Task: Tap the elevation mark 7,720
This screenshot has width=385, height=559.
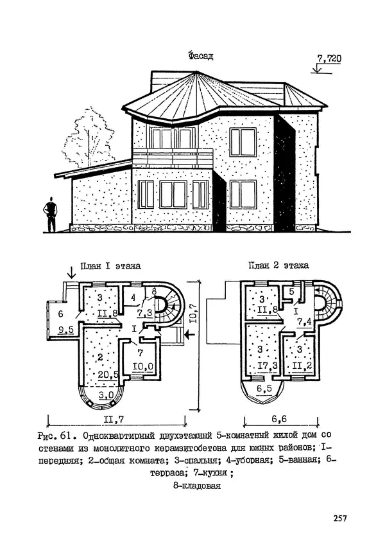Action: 329,60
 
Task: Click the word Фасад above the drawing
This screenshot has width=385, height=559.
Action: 200,57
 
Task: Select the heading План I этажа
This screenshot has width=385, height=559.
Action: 110,265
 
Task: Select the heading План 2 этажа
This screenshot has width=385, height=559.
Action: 279,265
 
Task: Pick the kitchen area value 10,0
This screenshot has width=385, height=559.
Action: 141,366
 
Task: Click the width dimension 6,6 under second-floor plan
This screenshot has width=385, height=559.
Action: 278,419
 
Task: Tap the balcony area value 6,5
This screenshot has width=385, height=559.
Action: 263,389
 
